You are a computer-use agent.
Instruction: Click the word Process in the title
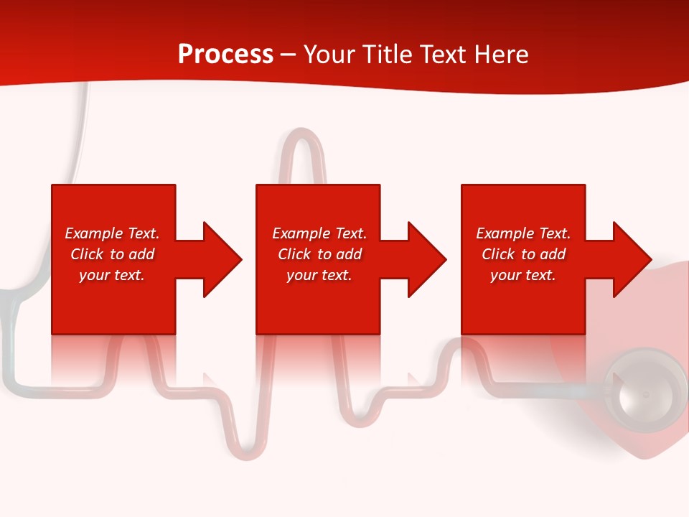coord(225,55)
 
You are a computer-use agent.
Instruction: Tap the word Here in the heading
coord(501,55)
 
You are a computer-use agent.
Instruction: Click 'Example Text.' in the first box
coord(112,233)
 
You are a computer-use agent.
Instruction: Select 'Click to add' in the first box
coord(112,254)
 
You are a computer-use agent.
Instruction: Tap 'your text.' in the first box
coord(112,275)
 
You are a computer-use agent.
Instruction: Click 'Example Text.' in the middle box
coord(319,233)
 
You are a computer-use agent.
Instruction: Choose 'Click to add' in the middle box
coord(319,254)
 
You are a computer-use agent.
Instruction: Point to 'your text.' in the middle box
coord(319,275)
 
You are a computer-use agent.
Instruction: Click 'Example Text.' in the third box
coord(523,233)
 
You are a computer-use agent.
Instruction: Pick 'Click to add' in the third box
coord(523,254)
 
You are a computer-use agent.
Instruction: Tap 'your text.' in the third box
coord(523,275)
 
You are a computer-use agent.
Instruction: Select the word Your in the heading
coord(328,55)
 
